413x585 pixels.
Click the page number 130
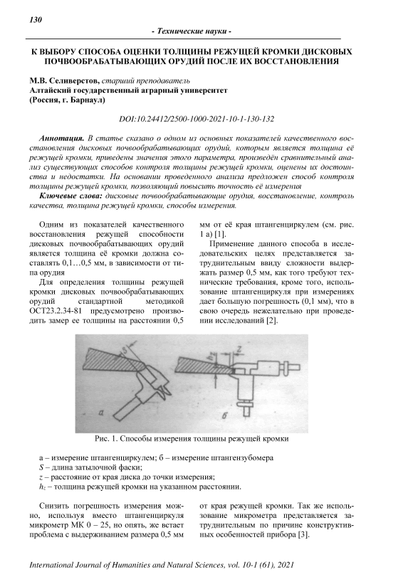(x=36, y=20)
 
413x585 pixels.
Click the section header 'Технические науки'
(x=192, y=31)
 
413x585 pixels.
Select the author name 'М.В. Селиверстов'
(x=64, y=80)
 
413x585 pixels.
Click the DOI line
(x=197, y=119)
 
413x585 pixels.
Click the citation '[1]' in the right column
(x=221, y=234)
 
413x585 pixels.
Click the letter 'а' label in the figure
(x=100, y=412)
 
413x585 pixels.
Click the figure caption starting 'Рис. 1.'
(x=192, y=439)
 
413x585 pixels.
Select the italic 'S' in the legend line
(x=41, y=467)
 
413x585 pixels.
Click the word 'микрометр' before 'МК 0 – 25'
(x=49, y=526)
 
